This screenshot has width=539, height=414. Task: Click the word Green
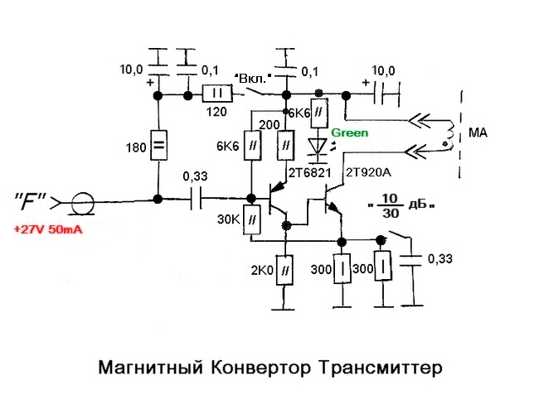point(350,132)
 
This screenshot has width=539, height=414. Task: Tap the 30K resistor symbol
point(250,218)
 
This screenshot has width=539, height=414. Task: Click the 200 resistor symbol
point(285,146)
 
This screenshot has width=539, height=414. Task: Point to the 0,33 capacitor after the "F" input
point(197,200)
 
